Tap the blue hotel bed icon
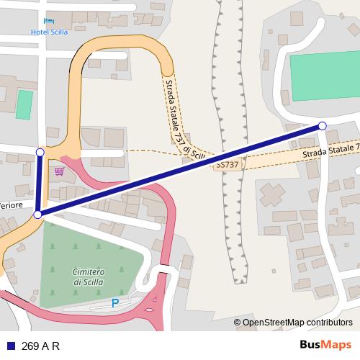(x=48, y=21)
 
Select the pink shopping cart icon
(x=59, y=171)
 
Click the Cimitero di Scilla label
(x=89, y=277)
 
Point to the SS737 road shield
(x=227, y=165)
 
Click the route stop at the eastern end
(x=322, y=126)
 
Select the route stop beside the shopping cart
(x=40, y=152)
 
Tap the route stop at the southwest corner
(x=37, y=214)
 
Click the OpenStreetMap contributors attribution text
(x=293, y=323)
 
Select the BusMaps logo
(x=325, y=346)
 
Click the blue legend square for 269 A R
(x=10, y=346)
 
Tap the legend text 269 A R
(x=40, y=346)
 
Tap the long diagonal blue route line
(x=180, y=170)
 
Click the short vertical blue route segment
(x=38, y=183)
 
